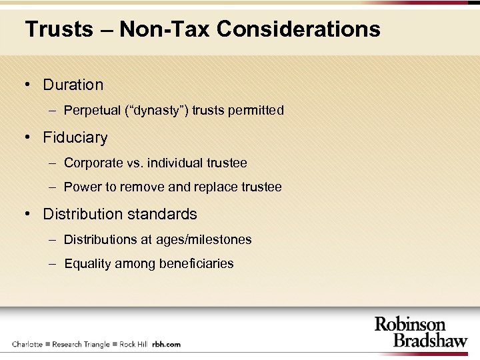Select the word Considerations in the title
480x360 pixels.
point(299,29)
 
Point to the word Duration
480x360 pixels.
point(73,85)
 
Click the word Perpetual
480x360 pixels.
point(92,111)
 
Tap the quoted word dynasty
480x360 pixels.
point(157,111)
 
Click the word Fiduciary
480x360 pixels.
point(75,138)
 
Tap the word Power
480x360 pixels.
point(81,187)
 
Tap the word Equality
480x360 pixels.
point(87,264)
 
